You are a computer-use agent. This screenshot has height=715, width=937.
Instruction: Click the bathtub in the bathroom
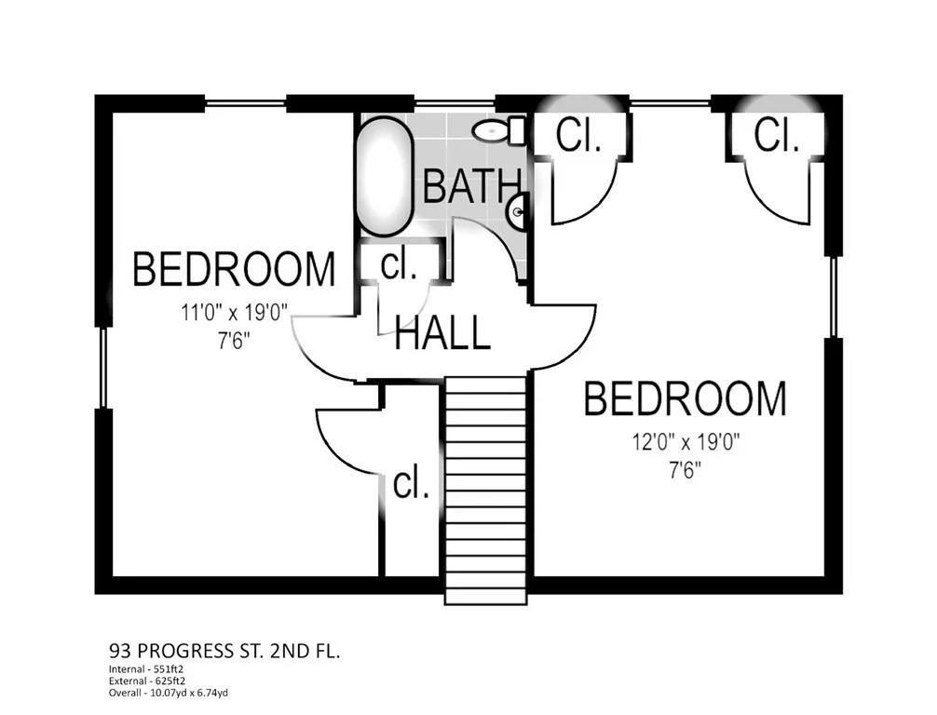(x=385, y=176)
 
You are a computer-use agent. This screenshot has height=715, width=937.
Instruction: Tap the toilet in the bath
(x=499, y=130)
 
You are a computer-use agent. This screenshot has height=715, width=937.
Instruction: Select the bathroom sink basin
(x=518, y=211)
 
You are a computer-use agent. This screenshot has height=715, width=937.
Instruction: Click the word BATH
(x=471, y=186)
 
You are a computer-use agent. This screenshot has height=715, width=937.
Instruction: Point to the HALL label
(x=442, y=333)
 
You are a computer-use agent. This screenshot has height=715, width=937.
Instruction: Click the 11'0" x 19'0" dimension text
(x=235, y=312)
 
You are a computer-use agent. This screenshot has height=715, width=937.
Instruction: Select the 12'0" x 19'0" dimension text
(x=686, y=442)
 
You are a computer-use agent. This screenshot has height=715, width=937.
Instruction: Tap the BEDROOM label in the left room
(x=234, y=269)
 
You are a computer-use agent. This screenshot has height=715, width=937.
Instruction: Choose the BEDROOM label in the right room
(x=685, y=398)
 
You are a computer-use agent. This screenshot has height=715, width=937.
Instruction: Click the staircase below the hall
(x=486, y=490)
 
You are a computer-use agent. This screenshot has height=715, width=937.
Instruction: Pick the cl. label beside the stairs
(x=411, y=484)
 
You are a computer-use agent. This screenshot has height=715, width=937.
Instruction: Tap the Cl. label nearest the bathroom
(x=577, y=136)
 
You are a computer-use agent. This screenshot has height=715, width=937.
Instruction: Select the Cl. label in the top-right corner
(x=776, y=135)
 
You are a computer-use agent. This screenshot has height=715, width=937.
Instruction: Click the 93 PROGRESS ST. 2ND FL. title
(x=224, y=651)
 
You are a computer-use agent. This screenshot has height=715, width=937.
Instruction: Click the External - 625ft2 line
(x=147, y=681)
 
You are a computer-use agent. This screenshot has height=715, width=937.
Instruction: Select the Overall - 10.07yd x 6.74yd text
(x=169, y=693)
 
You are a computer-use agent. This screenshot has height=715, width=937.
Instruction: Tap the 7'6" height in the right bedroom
(x=685, y=471)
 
